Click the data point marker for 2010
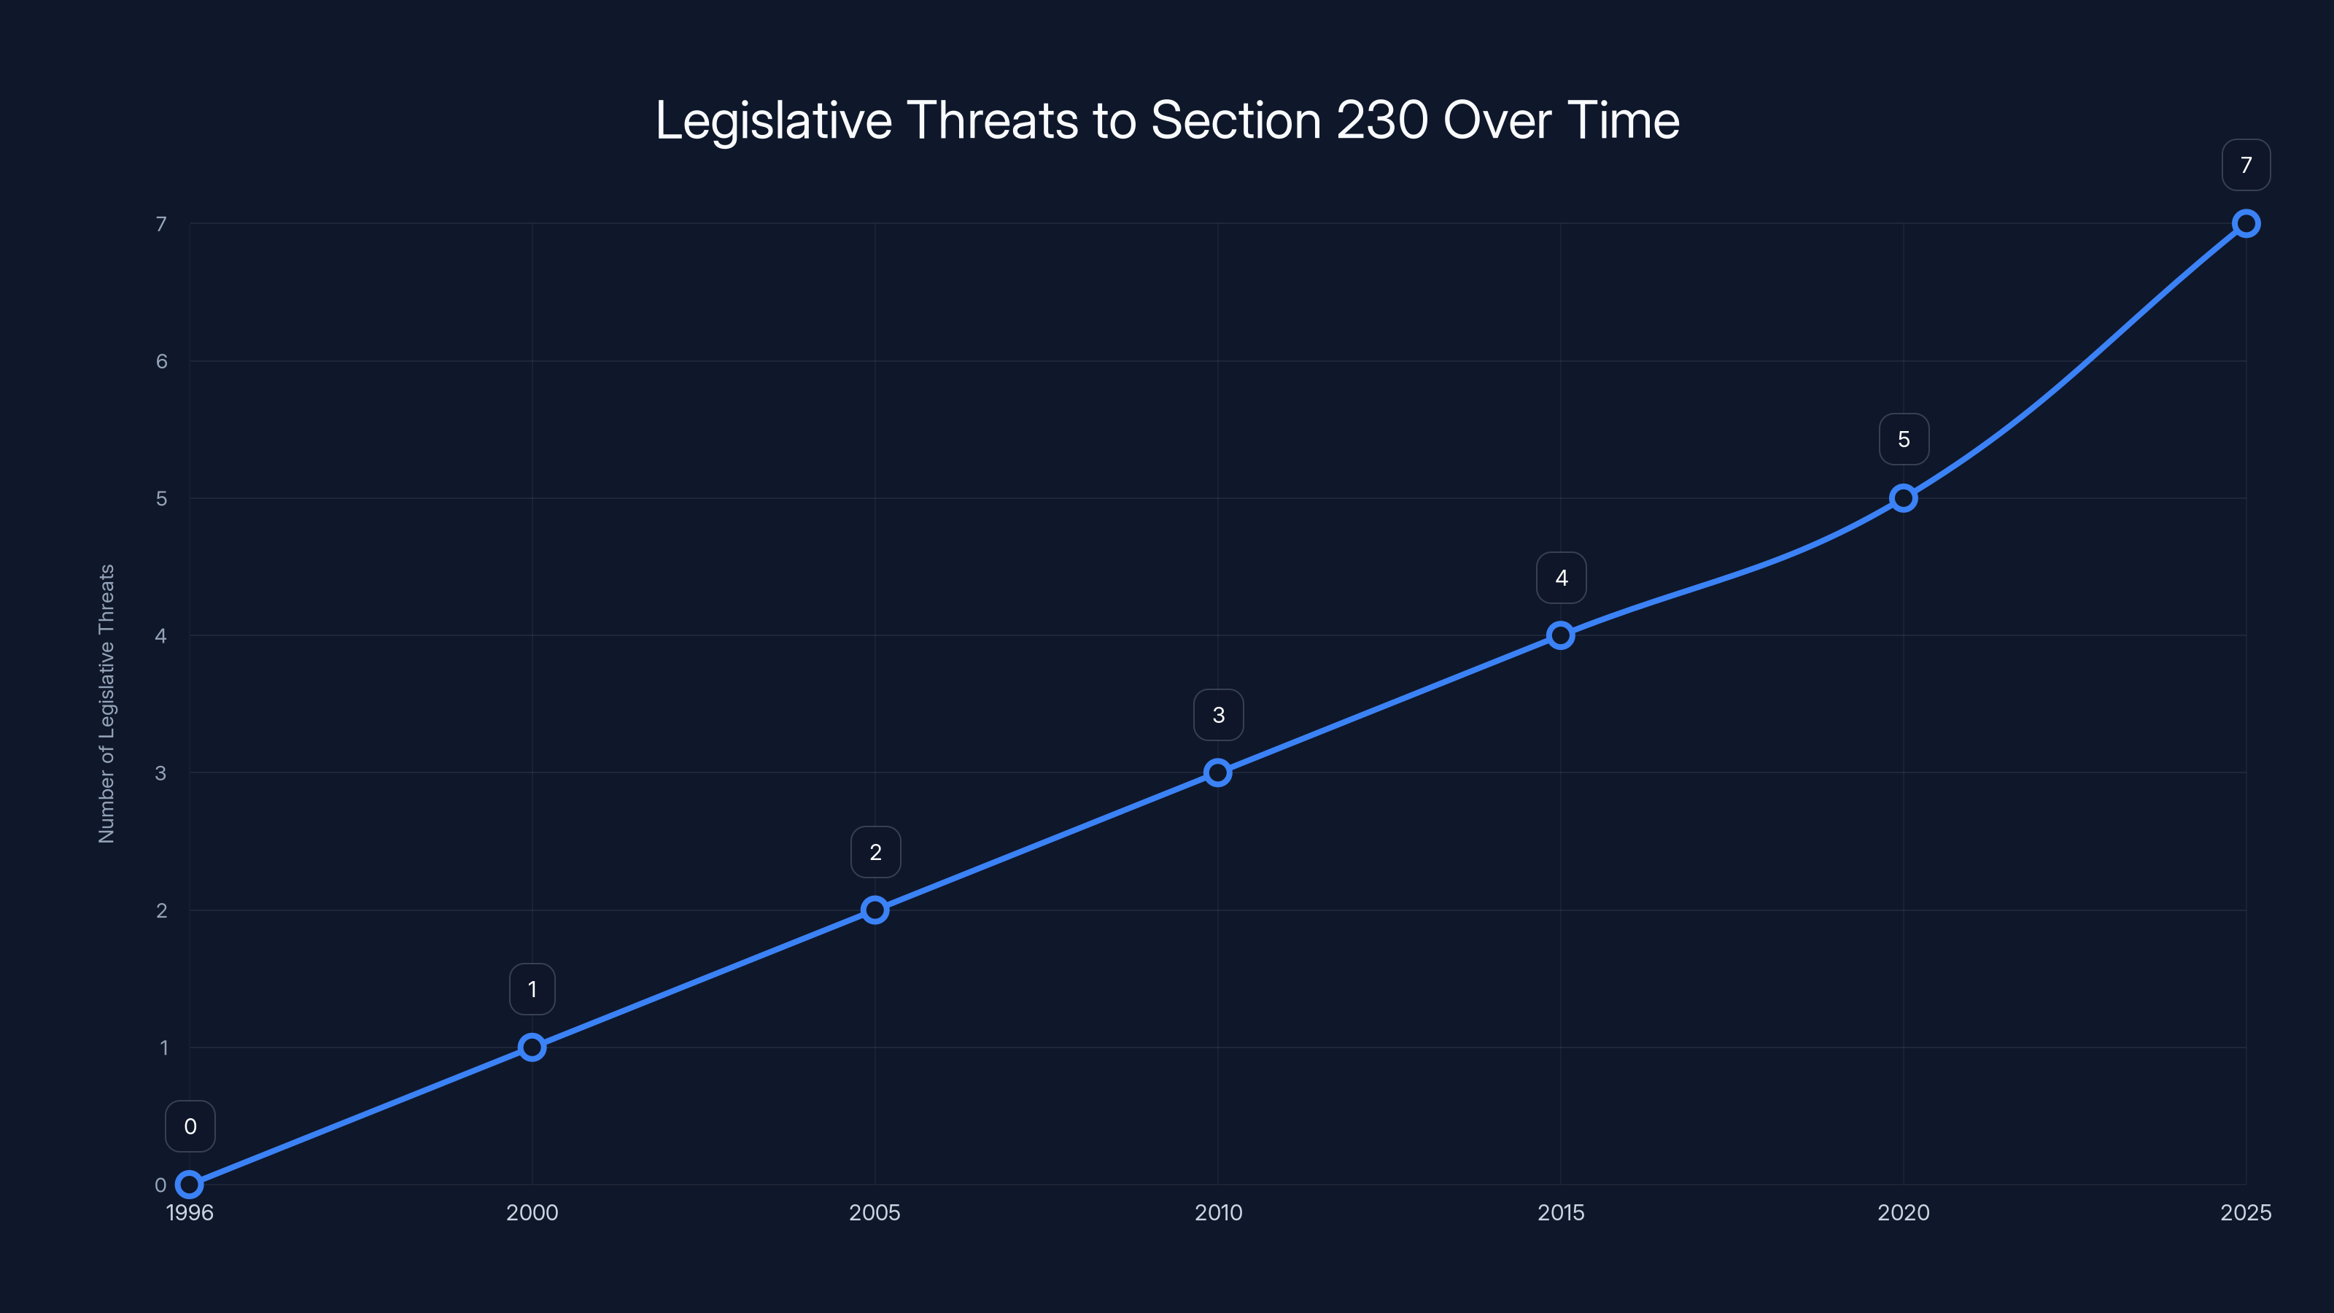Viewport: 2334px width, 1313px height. point(1218,772)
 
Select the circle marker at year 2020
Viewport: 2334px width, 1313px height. point(1904,498)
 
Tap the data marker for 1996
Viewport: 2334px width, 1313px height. point(190,1185)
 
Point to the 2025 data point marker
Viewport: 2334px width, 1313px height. point(2246,224)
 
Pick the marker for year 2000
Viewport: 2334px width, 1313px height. point(532,1047)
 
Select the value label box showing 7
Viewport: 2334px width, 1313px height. point(2246,165)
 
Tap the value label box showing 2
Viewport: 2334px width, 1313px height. point(875,852)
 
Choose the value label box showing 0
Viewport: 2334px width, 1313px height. point(190,1126)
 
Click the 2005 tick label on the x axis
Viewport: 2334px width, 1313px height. point(875,1212)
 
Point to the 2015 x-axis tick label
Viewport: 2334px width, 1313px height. point(1560,1212)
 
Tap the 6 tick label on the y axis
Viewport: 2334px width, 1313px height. point(161,362)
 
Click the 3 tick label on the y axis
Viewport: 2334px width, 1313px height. point(161,773)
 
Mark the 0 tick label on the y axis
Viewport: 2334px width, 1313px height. point(160,1185)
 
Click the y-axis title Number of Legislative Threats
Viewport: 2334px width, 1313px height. point(107,703)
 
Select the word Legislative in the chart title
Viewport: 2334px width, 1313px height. point(774,120)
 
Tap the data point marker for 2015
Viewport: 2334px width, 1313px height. point(1560,635)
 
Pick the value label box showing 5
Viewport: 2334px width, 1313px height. point(1904,439)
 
